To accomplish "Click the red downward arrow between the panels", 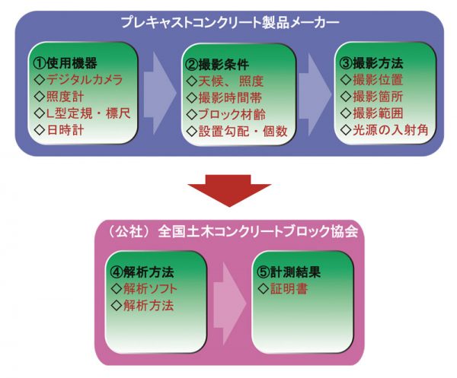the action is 229,189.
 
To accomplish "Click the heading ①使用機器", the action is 65,63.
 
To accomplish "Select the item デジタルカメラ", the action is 85,80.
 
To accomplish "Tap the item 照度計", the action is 66,97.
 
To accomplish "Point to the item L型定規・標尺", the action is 88,113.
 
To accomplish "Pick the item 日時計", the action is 66,130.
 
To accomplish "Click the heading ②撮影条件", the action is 217,65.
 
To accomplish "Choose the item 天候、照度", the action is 231,81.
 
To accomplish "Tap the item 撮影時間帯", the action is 230,98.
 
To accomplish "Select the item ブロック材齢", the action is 232,114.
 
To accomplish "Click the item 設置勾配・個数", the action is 243,132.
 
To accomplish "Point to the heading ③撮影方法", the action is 371,63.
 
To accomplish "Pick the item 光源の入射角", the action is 390,130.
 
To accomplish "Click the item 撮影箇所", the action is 378,97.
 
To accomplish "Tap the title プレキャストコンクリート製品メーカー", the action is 230,22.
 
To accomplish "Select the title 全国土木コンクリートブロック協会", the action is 258,232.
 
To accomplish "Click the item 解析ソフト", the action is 150,289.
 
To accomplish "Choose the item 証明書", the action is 289,289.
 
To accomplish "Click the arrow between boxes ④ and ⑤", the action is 230,303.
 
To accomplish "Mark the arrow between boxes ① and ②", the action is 160,93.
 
